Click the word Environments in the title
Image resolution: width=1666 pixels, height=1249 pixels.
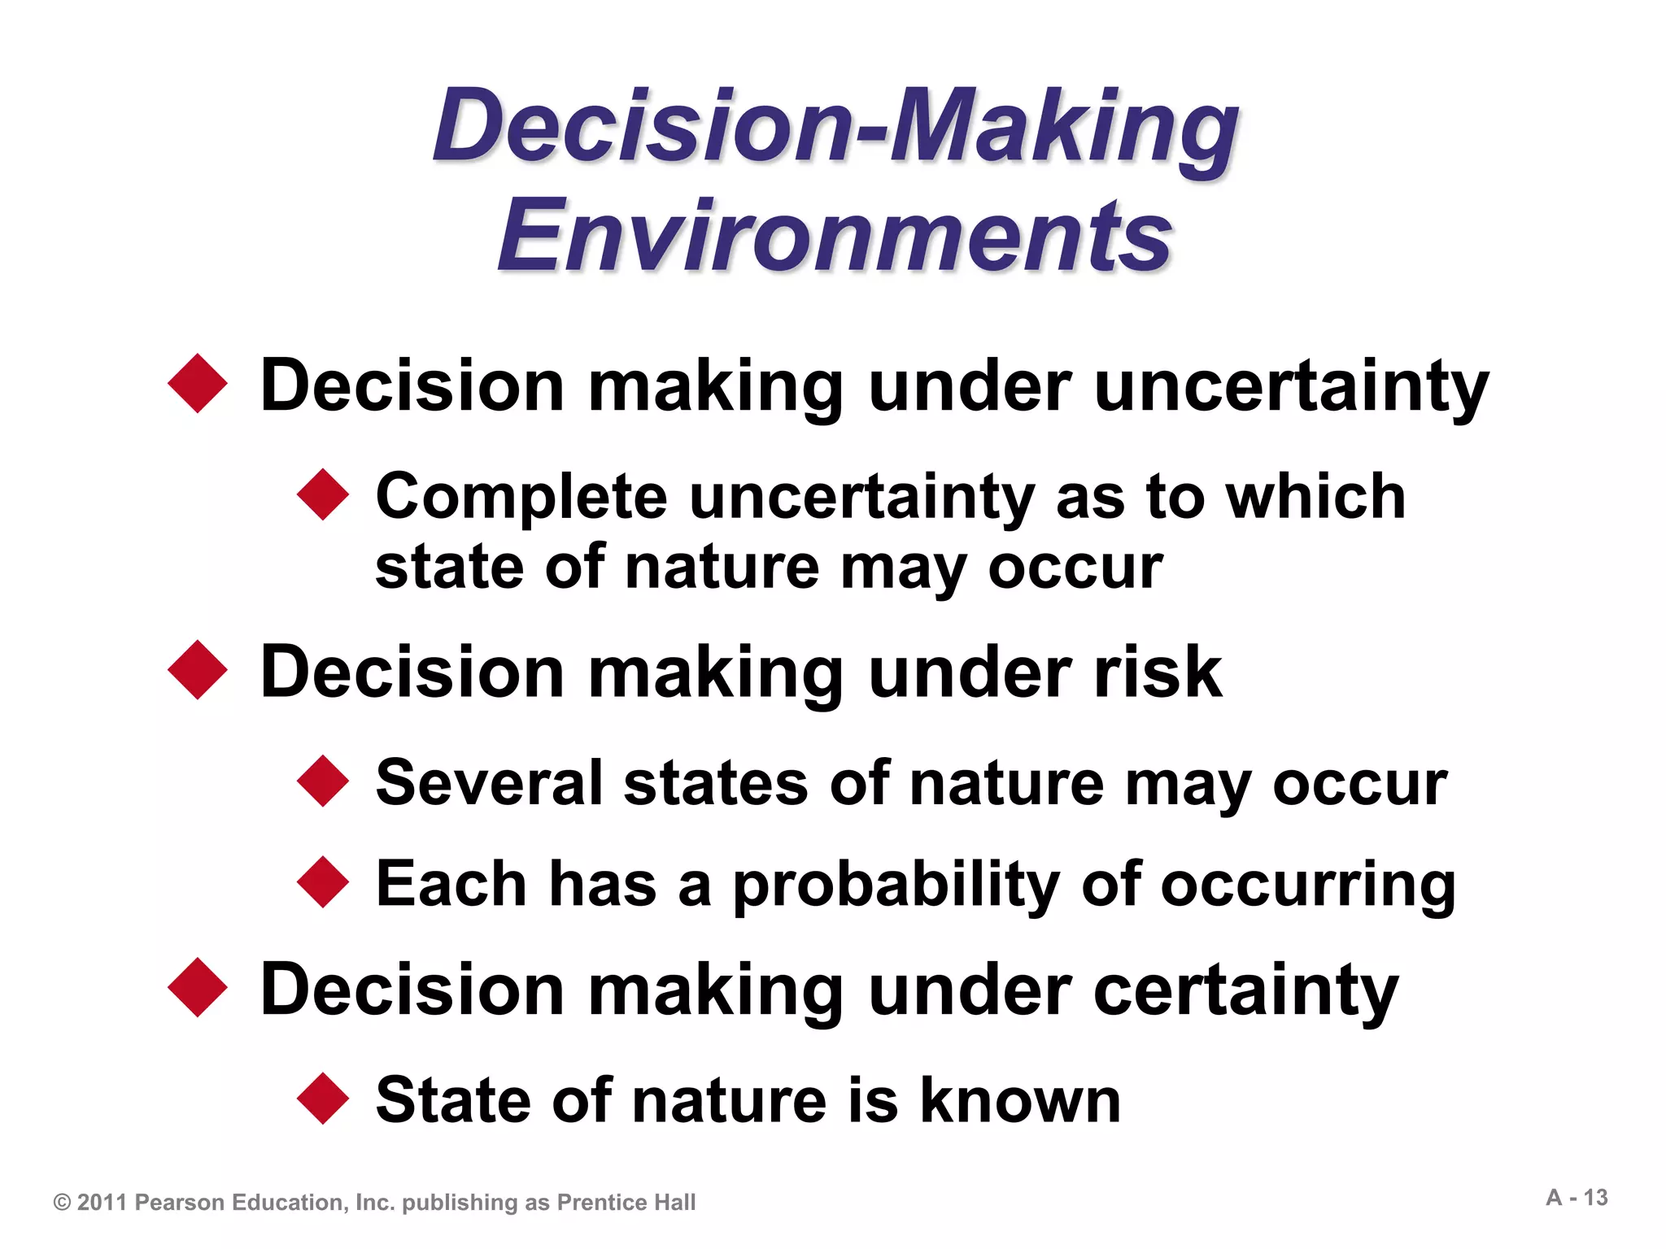click(835, 236)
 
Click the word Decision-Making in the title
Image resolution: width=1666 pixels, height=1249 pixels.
click(835, 126)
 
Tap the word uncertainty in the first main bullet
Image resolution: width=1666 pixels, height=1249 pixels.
click(1291, 385)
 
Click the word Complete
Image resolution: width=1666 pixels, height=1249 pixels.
click(521, 497)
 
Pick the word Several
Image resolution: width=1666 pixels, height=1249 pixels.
click(489, 782)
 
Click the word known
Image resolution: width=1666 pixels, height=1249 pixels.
click(1020, 1099)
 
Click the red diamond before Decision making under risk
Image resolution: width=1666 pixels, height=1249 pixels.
click(198, 670)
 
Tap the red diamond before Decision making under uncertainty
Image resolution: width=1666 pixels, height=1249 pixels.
click(198, 384)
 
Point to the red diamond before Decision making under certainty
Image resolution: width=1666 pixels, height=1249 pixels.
click(198, 988)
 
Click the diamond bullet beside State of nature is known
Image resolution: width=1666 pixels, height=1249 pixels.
click(323, 1099)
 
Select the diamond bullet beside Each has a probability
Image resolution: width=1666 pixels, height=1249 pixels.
click(323, 882)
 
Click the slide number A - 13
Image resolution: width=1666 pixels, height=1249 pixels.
click(1577, 1198)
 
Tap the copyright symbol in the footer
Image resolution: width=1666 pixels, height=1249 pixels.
click(62, 1203)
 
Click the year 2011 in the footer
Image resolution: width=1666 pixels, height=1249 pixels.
click(102, 1203)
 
